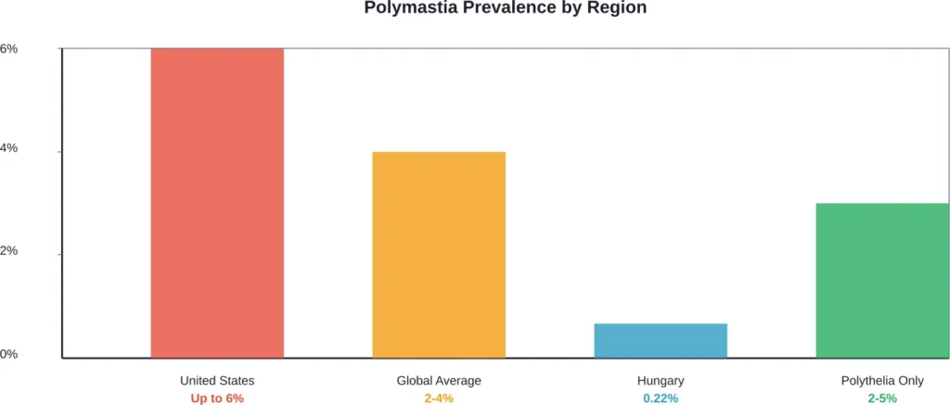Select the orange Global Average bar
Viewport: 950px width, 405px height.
(x=439, y=254)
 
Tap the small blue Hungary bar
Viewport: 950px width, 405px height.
(x=661, y=340)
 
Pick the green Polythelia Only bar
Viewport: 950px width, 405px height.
(x=882, y=280)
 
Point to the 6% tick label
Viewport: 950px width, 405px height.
(x=8, y=48)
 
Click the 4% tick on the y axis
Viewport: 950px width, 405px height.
(x=8, y=151)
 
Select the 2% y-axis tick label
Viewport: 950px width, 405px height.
(x=8, y=253)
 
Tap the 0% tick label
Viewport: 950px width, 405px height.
(x=8, y=355)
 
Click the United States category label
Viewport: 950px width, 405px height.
(x=217, y=381)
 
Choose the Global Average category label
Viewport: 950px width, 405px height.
(x=439, y=381)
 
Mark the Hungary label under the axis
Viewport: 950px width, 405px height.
(x=661, y=381)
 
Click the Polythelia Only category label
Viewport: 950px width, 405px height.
(x=882, y=381)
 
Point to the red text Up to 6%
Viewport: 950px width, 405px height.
(x=217, y=399)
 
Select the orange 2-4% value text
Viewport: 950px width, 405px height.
(x=439, y=399)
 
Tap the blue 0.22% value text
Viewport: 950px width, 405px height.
(x=661, y=399)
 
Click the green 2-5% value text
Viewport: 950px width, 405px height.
(x=882, y=399)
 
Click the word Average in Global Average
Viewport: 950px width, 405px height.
(x=458, y=381)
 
